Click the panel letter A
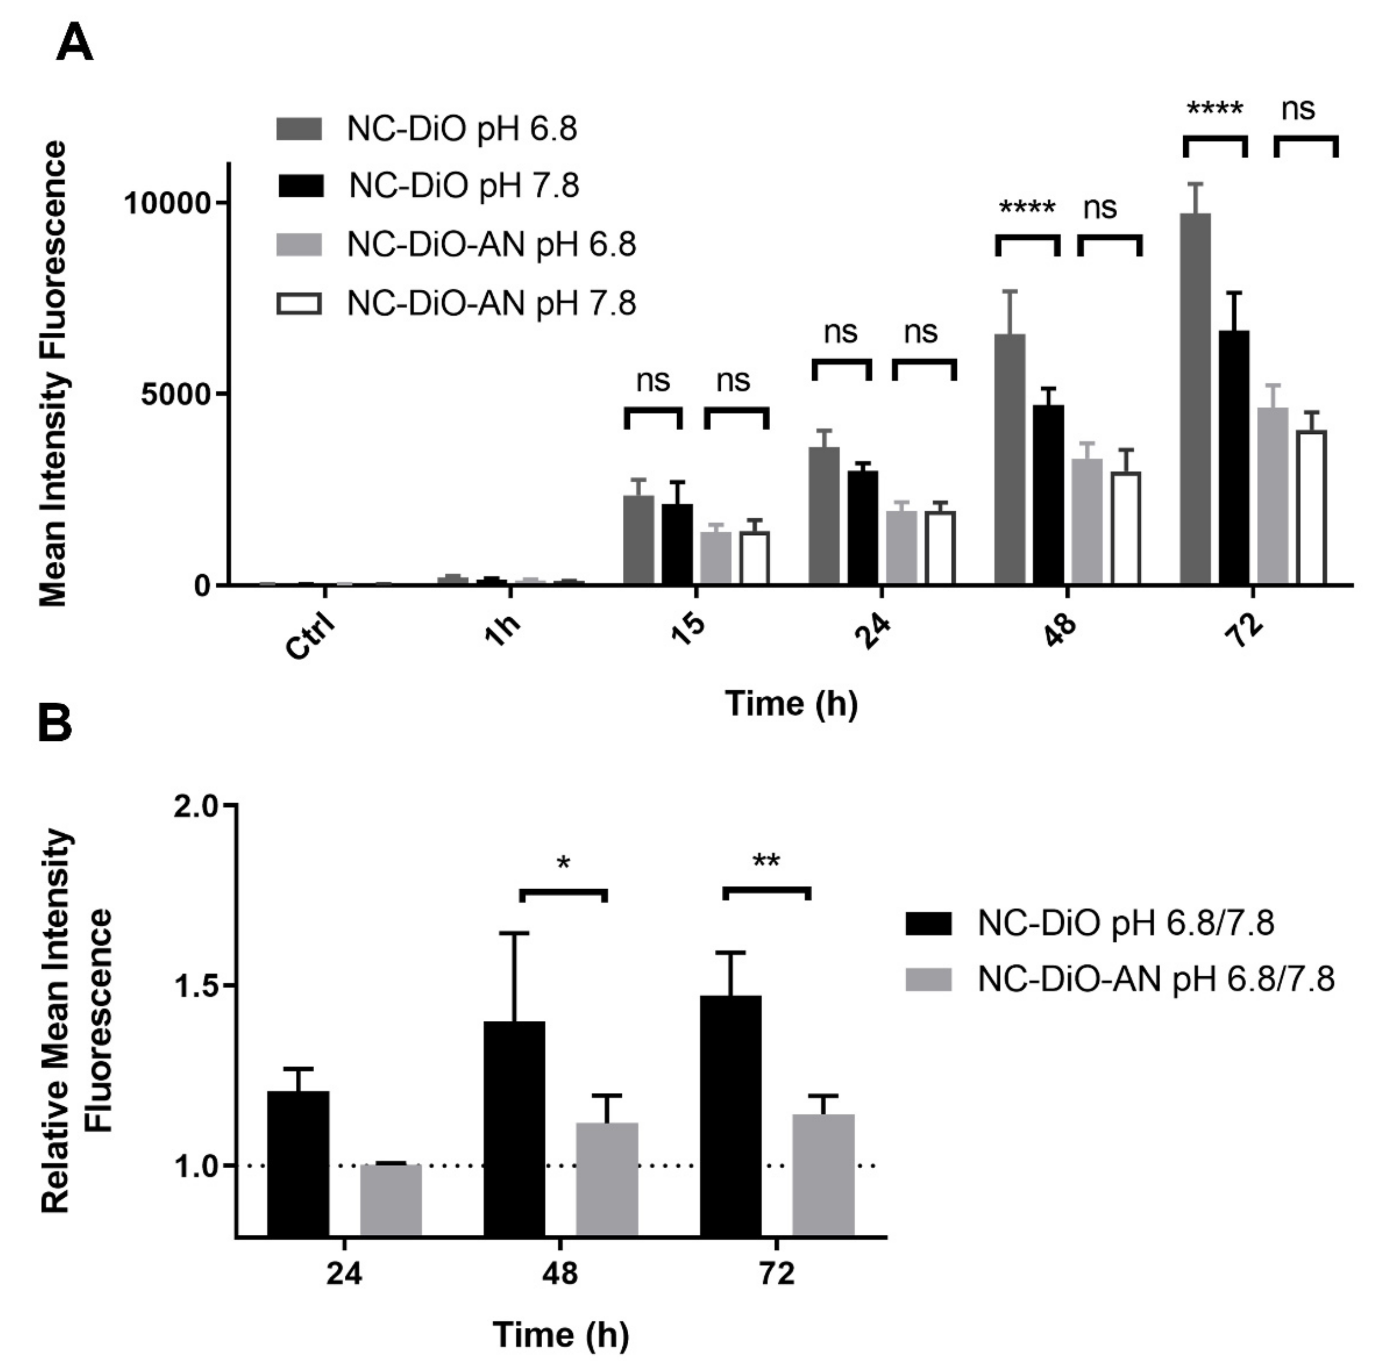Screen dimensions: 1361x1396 click(x=74, y=44)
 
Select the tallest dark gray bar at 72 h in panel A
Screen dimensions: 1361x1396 click(x=1195, y=400)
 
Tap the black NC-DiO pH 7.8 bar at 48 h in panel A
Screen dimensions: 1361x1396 click(x=1048, y=496)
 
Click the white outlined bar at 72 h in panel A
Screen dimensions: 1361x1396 click(x=1311, y=507)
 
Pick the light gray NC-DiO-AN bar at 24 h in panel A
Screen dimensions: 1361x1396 click(x=901, y=547)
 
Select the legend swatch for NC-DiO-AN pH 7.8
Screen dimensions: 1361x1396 click(x=299, y=304)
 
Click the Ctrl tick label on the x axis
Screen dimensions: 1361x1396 click(x=310, y=636)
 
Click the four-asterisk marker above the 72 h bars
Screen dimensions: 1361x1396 click(x=1215, y=109)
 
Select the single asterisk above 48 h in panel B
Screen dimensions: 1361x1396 click(x=563, y=863)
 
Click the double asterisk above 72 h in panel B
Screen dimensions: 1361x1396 click(x=766, y=862)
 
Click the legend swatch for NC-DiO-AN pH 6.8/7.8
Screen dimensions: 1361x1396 click(x=929, y=979)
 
